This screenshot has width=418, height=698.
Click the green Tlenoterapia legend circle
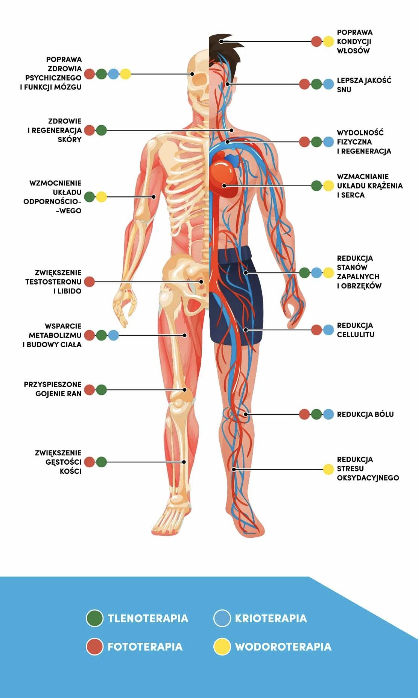click(x=94, y=618)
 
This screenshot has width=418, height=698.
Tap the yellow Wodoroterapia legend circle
click(x=222, y=646)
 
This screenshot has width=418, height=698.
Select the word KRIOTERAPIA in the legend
click(x=271, y=618)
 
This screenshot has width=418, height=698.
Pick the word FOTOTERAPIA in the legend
click(x=145, y=646)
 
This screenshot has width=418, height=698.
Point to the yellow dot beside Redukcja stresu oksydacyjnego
click(x=328, y=469)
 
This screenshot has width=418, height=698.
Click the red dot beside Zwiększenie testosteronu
click(x=90, y=281)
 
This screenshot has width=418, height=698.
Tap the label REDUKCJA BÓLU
click(x=365, y=414)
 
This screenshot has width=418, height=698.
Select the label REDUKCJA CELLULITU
click(x=356, y=330)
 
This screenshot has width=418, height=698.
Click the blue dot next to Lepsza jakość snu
click(x=328, y=84)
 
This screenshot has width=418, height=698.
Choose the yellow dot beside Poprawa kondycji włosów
click(x=328, y=41)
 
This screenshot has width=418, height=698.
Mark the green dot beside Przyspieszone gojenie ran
click(x=102, y=390)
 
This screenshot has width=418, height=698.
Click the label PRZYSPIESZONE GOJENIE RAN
click(x=53, y=389)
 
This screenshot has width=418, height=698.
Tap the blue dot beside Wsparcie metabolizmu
click(x=114, y=335)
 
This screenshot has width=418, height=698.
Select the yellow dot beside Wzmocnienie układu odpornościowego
click(x=102, y=197)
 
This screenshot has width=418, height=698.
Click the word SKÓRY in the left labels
click(x=70, y=140)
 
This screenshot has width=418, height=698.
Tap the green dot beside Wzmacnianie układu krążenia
click(x=317, y=186)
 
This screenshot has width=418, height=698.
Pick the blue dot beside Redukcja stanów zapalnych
click(x=317, y=273)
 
